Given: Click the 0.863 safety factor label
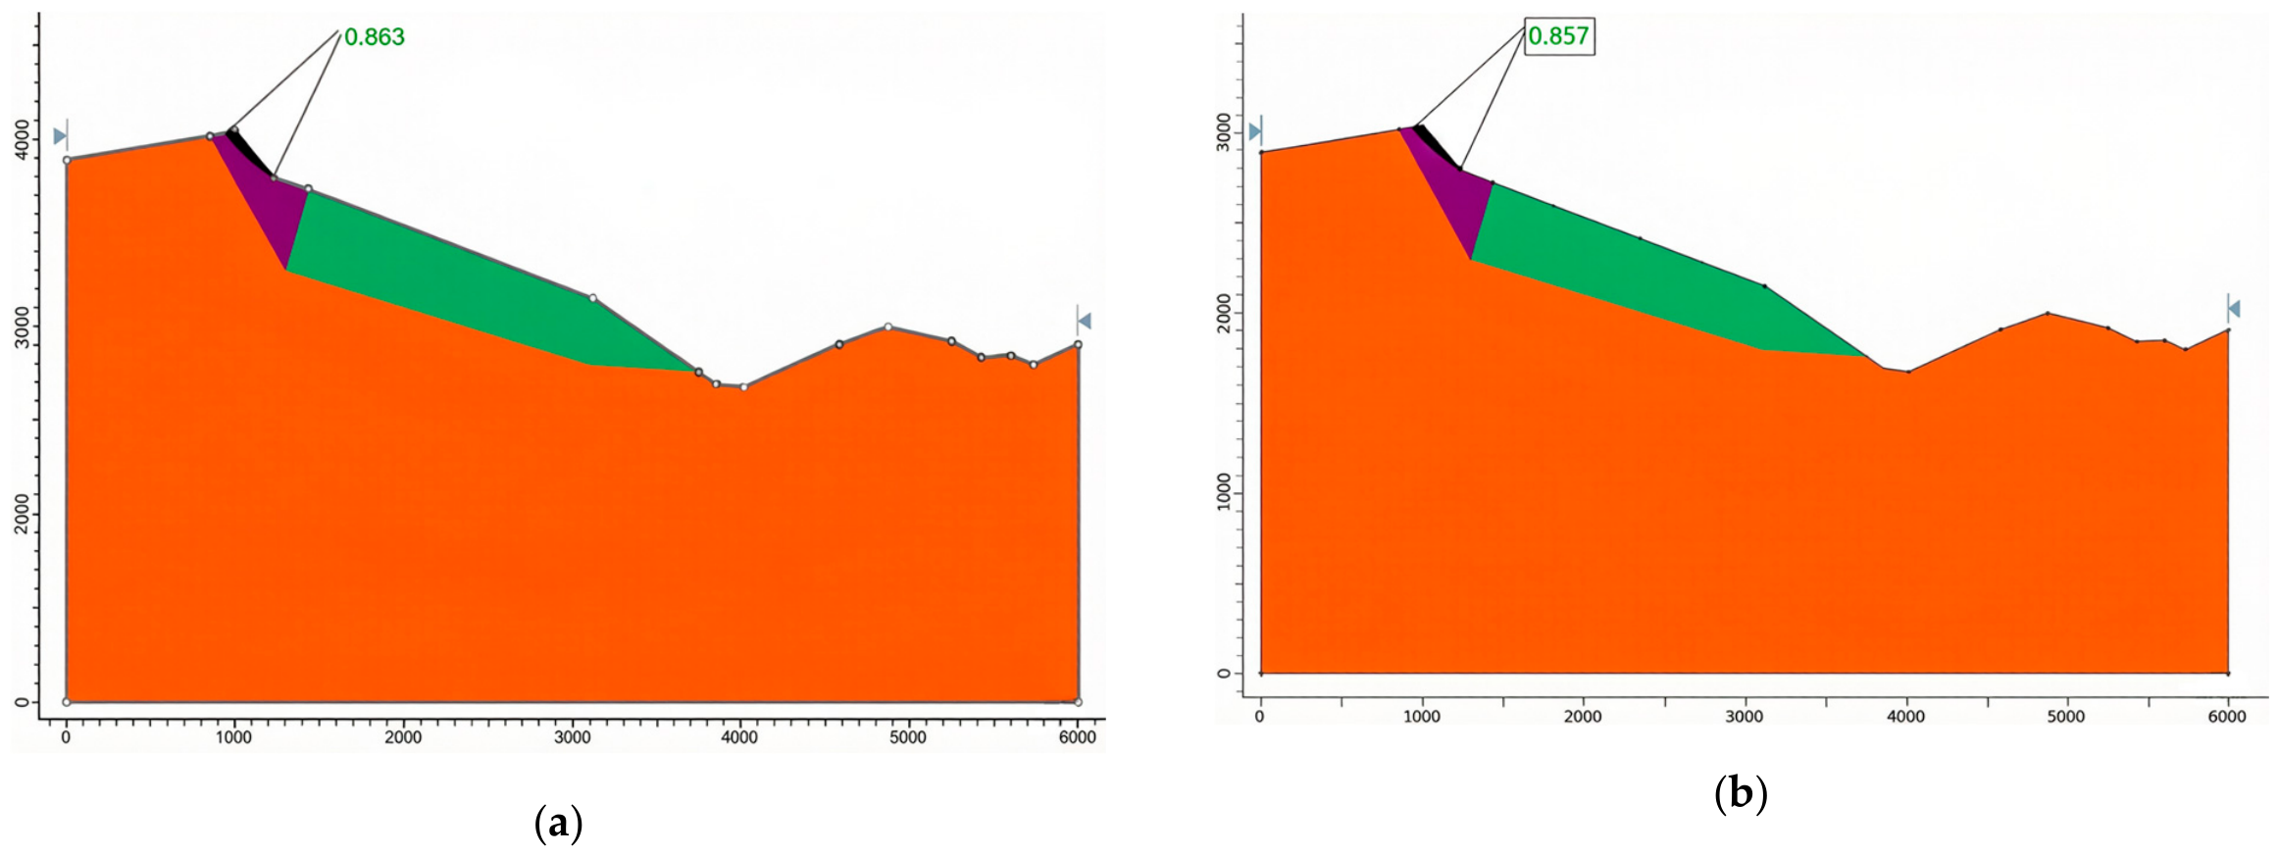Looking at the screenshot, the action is click(375, 37).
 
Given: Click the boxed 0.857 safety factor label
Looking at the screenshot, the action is click(1558, 36).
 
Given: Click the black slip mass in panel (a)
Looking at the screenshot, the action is click(248, 151).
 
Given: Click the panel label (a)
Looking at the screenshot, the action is click(559, 823).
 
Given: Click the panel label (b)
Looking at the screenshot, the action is click(1741, 793).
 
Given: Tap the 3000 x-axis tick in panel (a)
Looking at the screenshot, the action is click(572, 737).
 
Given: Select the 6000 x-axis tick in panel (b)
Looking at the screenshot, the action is click(2227, 717).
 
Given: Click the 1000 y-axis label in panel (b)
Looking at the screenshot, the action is click(1223, 492).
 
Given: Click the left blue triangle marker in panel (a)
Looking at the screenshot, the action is click(61, 135).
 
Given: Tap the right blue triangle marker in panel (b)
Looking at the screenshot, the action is click(2233, 309).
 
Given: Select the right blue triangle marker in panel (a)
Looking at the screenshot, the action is click(1084, 321).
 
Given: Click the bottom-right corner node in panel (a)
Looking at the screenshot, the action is click(1078, 702).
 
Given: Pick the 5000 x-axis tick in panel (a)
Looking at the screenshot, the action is click(908, 737).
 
